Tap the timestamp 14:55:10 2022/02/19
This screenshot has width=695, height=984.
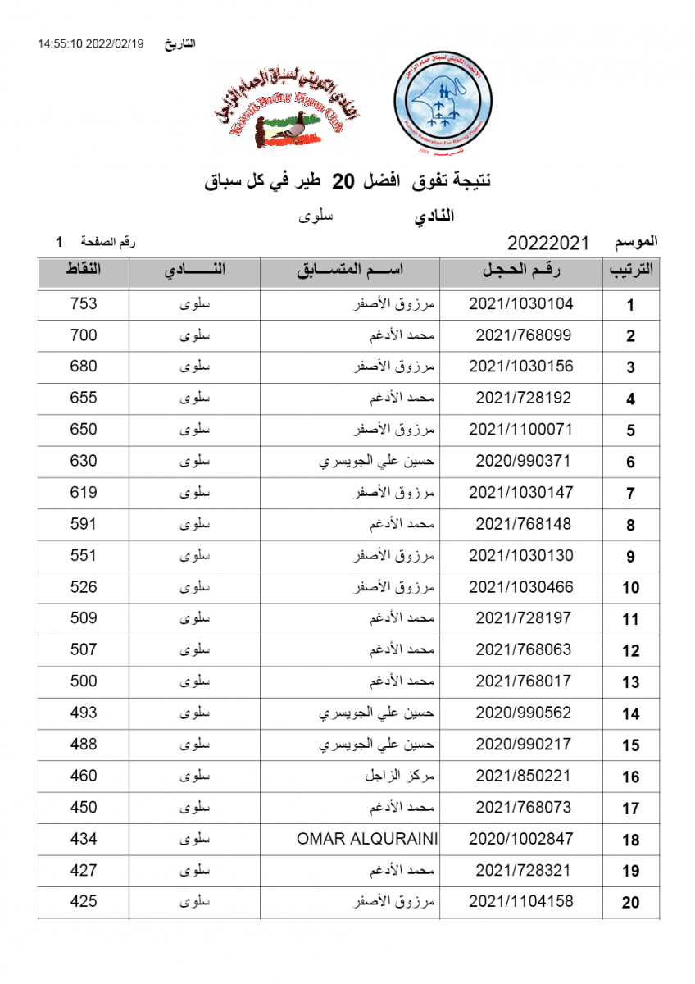pos(90,43)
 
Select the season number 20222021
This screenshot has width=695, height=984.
pos(548,244)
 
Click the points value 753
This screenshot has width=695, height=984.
pos(84,304)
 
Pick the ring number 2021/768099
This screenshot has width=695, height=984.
pos(523,335)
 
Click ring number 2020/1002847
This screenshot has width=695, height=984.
pos(520,839)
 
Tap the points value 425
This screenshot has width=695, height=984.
pos(84,902)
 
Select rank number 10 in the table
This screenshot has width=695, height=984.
pos(630,588)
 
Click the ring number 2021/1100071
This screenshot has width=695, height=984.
pos(520,430)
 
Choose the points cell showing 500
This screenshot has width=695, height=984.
pos(84,681)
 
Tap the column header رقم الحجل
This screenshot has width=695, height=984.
pos(523,271)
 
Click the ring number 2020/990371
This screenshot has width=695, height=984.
pos(523,461)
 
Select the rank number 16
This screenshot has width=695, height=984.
pos(630,777)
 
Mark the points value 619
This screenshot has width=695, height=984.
pos(84,493)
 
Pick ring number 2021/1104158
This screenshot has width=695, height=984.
pos(520,902)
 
